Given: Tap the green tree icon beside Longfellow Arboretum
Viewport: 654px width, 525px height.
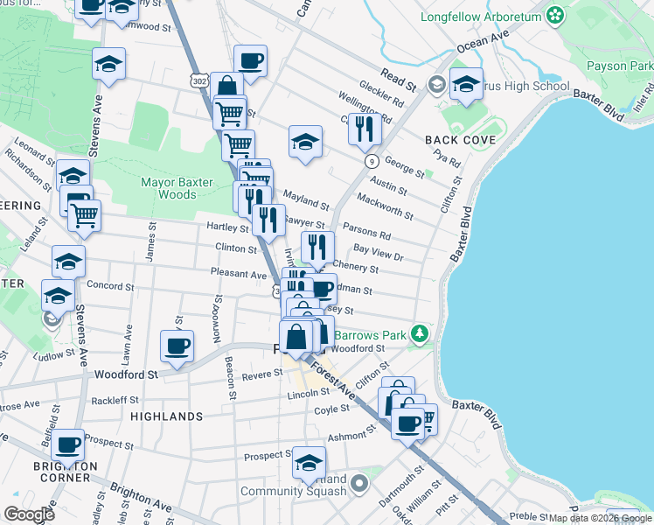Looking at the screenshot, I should click(x=553, y=15).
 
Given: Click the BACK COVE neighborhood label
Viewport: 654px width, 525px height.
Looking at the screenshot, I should click(x=461, y=140).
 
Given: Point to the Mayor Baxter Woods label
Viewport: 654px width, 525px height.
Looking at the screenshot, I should click(x=181, y=188).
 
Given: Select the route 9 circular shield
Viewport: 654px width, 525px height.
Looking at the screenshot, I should click(x=372, y=161).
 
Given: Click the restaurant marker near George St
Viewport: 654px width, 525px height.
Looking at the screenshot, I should click(x=365, y=129).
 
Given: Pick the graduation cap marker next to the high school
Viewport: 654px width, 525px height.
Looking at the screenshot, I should click(x=466, y=83).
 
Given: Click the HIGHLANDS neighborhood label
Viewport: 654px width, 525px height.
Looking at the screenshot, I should click(x=166, y=416).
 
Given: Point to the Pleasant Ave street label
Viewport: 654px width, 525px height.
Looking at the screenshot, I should click(x=238, y=274).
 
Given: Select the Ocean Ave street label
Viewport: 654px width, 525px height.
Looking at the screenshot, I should click(x=483, y=41).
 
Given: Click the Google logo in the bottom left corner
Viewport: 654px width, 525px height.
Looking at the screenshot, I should click(x=29, y=514).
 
